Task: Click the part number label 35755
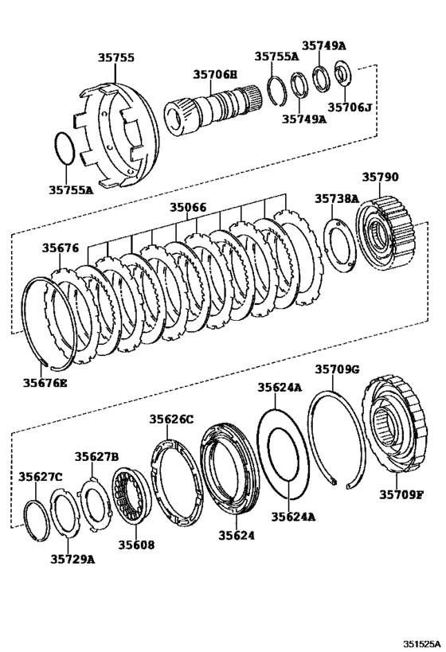(x=115, y=58)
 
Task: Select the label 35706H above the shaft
(x=214, y=74)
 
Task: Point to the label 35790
(x=381, y=178)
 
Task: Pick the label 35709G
(x=337, y=369)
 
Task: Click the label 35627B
(x=96, y=456)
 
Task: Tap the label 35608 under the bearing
(x=137, y=545)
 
